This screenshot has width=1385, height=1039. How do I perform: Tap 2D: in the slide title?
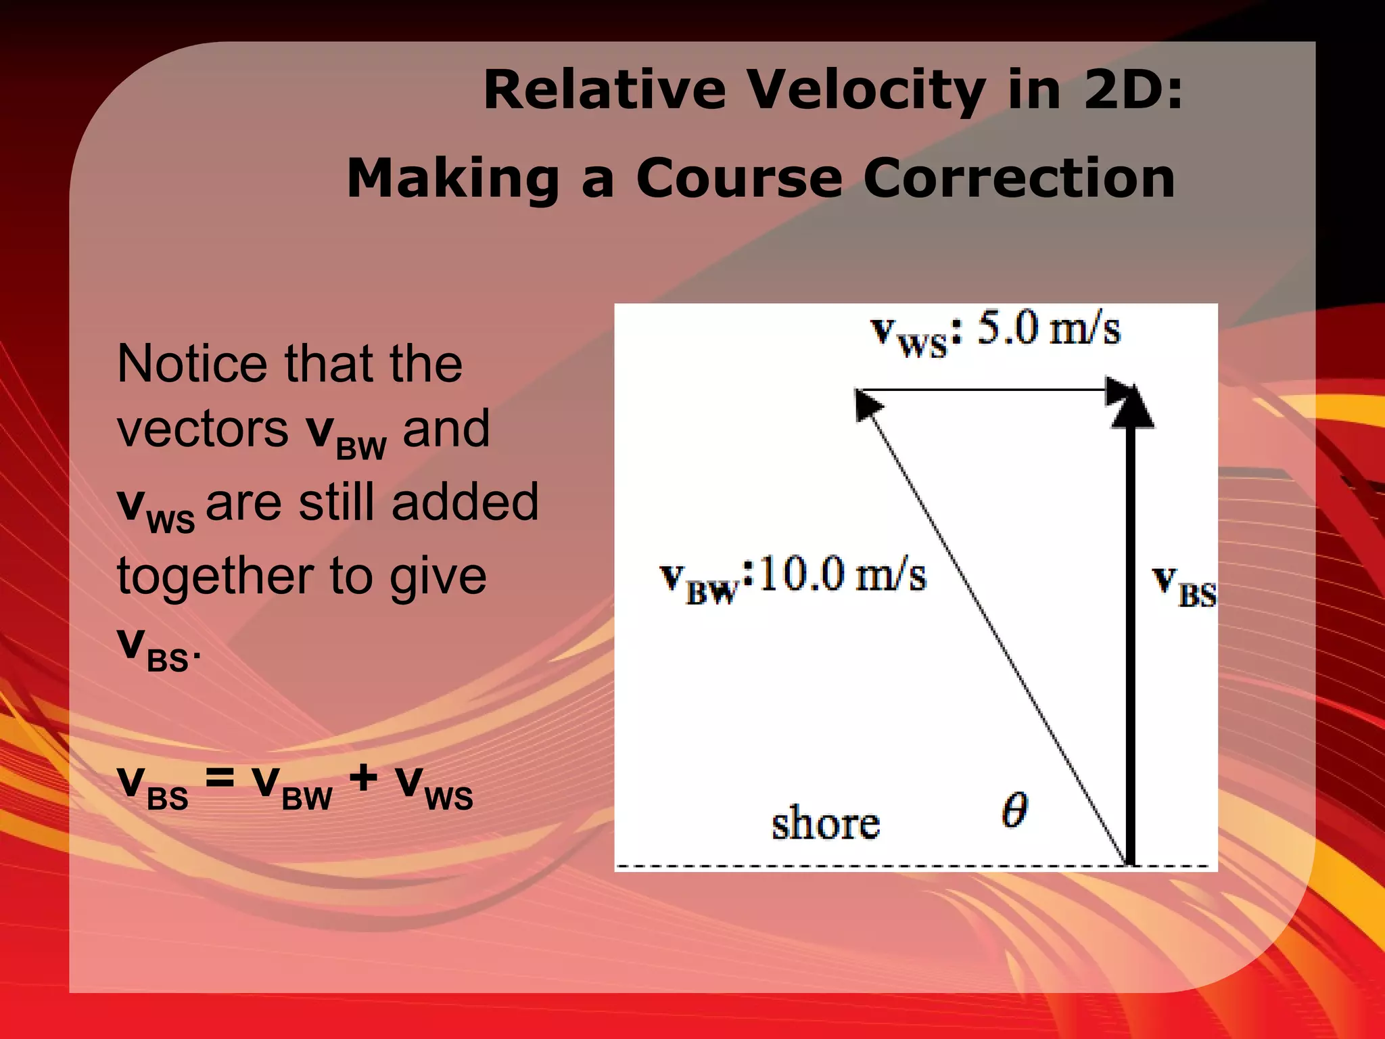pyautogui.click(x=1133, y=90)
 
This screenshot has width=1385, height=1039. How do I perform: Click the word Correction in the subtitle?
pyautogui.click(x=1019, y=179)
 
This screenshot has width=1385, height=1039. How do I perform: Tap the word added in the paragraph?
pyautogui.click(x=465, y=502)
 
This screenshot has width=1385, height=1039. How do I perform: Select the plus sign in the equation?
pyautogui.click(x=363, y=778)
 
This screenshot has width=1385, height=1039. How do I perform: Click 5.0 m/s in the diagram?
pyautogui.click(x=1049, y=329)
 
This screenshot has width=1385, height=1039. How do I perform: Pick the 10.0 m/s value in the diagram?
pyautogui.click(x=841, y=576)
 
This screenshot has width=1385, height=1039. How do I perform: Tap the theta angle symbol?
pyautogui.click(x=1014, y=810)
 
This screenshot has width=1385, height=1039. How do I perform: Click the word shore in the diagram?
pyautogui.click(x=826, y=824)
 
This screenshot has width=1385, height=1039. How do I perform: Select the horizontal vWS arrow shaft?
pyautogui.click(x=981, y=390)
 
